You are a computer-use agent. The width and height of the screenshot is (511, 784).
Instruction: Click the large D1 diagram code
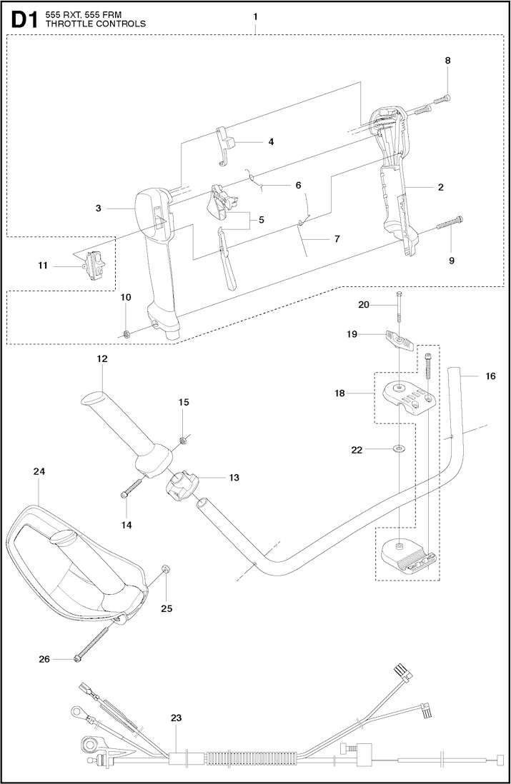pos(22,19)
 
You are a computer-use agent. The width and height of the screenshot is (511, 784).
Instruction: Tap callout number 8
pos(448,61)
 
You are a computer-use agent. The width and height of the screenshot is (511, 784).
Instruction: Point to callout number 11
pos(42,266)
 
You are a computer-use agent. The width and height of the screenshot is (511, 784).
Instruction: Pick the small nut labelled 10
pos(126,333)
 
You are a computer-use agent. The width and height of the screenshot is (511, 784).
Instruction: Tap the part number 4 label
pos(271,141)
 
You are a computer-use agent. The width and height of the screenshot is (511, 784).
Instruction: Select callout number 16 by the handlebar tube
pos(490,376)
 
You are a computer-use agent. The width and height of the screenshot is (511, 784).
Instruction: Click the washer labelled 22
pos(397,449)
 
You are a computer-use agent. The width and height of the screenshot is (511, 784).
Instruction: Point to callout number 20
pos(364,304)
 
